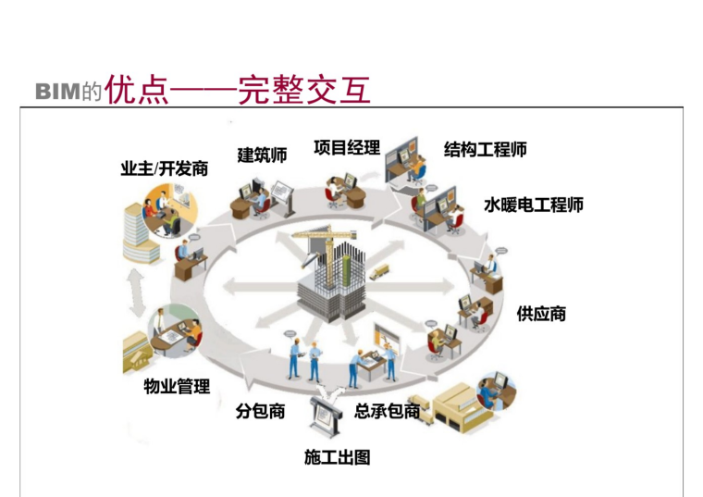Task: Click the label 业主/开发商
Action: (x=164, y=169)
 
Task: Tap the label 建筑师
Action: (x=262, y=155)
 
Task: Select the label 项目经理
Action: (x=346, y=148)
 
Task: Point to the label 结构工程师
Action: (x=486, y=149)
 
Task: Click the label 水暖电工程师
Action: (x=534, y=205)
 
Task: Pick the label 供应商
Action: (x=541, y=314)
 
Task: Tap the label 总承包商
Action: (x=388, y=412)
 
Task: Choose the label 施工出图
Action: (x=337, y=457)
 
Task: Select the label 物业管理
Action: (x=177, y=386)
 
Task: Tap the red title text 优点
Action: (x=137, y=90)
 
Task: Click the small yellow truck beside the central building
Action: (x=378, y=270)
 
